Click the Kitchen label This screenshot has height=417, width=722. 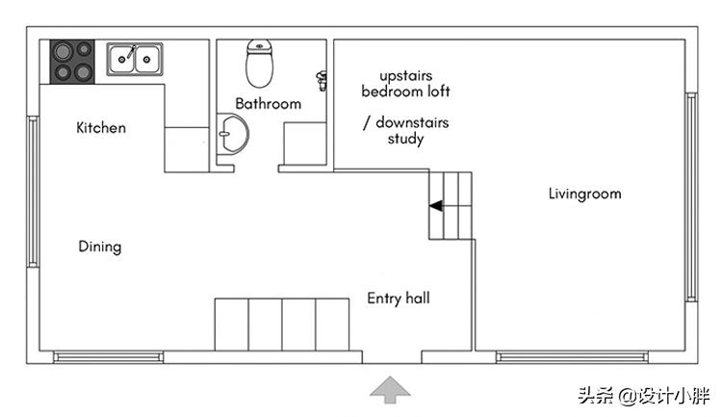coord(101,127)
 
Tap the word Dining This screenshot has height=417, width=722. coord(100,247)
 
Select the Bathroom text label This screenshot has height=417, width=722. coord(268,104)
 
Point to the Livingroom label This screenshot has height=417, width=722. coord(584,194)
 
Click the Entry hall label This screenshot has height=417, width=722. coord(398,299)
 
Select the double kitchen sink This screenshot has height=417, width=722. coord(134,59)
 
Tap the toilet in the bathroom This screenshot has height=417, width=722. coord(259,64)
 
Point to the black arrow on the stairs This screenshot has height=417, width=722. coord(436,205)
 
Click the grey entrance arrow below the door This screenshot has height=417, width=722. coord(390,388)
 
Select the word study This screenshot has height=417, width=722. coord(405,139)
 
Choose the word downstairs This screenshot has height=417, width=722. coord(412,123)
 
